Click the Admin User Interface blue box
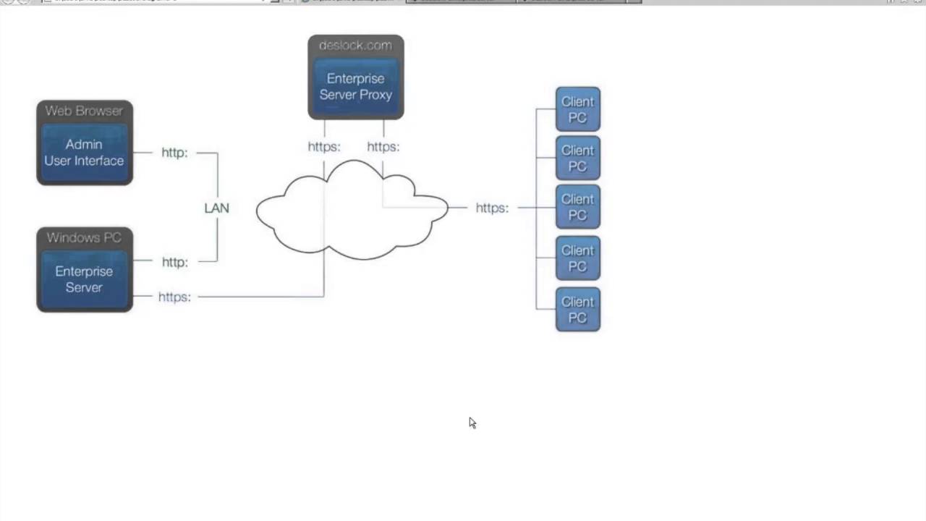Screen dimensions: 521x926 84,152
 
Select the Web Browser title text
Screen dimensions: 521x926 84,111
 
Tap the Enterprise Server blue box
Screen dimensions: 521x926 84,279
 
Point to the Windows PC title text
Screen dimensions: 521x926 84,237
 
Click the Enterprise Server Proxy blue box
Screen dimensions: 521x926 355,86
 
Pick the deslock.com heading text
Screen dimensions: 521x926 355,46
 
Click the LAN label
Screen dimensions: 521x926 216,208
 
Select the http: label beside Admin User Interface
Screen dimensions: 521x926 174,153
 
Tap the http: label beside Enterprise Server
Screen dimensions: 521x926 174,262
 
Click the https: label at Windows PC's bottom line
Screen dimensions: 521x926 174,297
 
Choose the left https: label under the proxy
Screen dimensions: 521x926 323,147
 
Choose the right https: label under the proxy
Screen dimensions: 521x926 383,147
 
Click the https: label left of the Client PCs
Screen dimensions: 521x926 492,208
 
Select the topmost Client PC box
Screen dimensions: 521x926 577,109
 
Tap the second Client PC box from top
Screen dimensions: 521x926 577,158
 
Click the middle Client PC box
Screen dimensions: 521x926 577,207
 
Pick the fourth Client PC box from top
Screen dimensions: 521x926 577,258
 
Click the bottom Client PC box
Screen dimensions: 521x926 577,310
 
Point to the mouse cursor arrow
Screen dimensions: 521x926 472,423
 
